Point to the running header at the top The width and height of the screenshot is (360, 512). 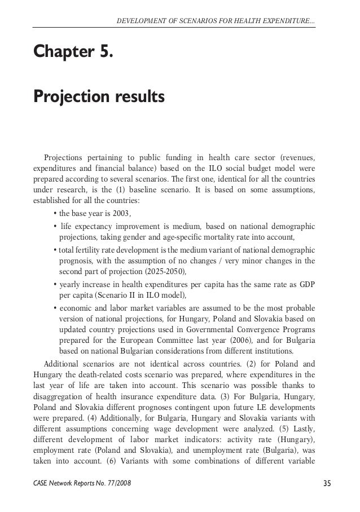[x=216, y=22]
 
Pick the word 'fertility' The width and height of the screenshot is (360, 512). [x=86, y=249]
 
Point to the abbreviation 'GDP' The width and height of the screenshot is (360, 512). [x=308, y=284]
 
